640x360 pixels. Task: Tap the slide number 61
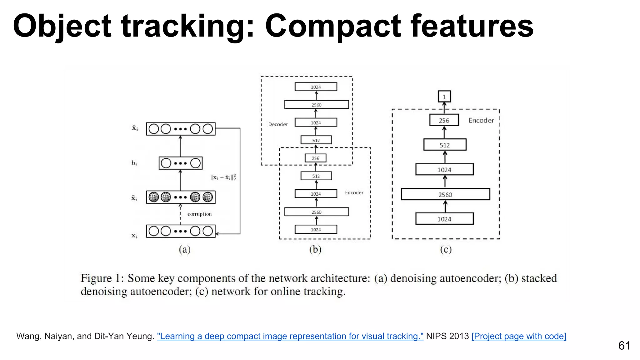[624, 346]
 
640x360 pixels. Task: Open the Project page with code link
[519, 336]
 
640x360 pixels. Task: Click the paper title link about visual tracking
[290, 336]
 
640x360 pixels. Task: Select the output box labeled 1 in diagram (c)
[444, 97]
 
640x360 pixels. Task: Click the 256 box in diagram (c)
[444, 120]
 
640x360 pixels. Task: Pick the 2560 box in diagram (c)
[445, 194]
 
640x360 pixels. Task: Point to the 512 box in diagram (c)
[445, 145]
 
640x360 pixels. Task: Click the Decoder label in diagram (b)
[278, 124]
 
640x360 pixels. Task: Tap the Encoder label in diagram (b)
[354, 192]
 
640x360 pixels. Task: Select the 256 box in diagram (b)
[316, 158]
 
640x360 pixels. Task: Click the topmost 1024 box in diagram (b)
[316, 87]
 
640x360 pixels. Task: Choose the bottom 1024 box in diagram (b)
[316, 230]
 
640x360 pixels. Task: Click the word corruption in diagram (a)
[199, 214]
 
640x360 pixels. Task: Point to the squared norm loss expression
[223, 177]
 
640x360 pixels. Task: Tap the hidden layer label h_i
[134, 163]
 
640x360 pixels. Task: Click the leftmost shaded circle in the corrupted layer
[154, 197]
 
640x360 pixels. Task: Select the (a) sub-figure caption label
[185, 249]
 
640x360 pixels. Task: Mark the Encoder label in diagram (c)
[481, 121]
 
